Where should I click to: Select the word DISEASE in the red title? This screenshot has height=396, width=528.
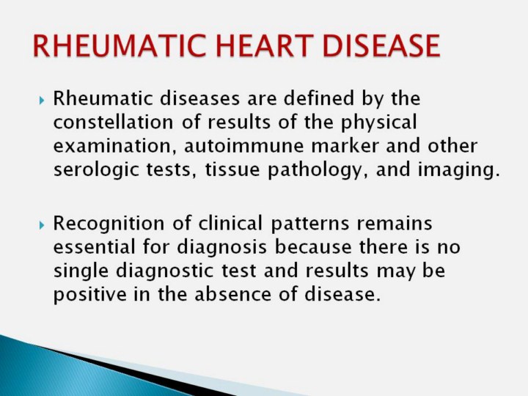coord(381,45)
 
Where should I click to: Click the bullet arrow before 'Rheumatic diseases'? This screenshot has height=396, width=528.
coord(41,100)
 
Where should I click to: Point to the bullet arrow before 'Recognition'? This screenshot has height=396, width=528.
coord(41,225)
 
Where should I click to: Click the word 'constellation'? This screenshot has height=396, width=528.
coord(113,122)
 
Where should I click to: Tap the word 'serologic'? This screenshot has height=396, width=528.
coord(96,170)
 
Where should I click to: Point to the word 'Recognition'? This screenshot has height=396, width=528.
coord(109,223)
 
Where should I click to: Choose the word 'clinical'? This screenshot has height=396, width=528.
coord(230,223)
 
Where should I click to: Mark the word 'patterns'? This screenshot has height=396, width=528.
coord(309,224)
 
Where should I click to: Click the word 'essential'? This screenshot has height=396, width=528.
coord(94,246)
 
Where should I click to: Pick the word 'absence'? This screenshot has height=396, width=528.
coord(232,294)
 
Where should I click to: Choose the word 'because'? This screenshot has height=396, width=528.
coord(313,246)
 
